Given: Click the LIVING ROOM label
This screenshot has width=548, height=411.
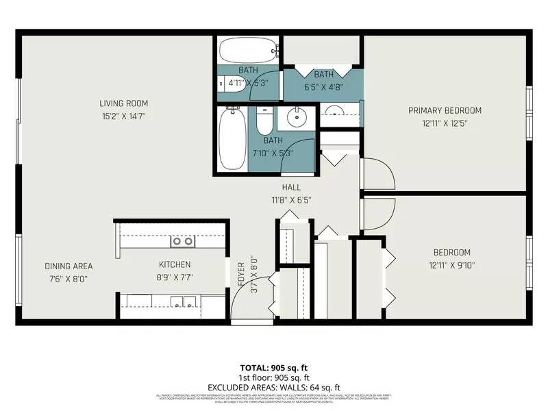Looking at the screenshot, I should tap(123, 103).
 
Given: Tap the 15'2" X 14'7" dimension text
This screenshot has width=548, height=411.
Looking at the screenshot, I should tap(123, 116).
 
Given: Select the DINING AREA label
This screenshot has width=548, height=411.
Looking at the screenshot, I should tap(68, 266).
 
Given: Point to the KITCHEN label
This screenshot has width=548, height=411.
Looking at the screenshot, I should tap(175, 264).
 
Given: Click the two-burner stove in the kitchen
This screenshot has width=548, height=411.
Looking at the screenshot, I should tap(182, 240).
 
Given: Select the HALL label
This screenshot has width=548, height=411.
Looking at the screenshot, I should tap(291, 187).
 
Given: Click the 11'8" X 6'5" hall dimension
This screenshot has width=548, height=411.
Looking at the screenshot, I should tap(291, 199).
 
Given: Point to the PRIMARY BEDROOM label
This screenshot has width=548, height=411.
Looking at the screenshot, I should tap(445, 110).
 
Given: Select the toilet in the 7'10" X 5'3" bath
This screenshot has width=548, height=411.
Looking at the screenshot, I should tap(264, 122).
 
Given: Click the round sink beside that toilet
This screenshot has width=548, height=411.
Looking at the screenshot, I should tap(295, 118).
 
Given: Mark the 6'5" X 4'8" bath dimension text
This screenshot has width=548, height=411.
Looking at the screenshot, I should tap(323, 87).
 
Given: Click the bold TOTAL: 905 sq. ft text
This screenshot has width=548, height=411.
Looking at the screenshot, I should tap(274, 368).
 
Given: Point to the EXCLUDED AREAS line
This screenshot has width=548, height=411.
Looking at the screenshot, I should tap(274, 387).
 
